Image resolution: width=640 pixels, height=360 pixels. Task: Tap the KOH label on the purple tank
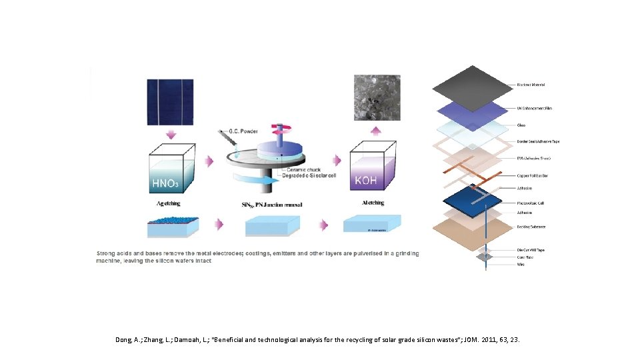click(366, 181)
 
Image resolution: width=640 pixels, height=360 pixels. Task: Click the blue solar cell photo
click(171, 102)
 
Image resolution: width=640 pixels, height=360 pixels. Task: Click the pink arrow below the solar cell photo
click(171, 136)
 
